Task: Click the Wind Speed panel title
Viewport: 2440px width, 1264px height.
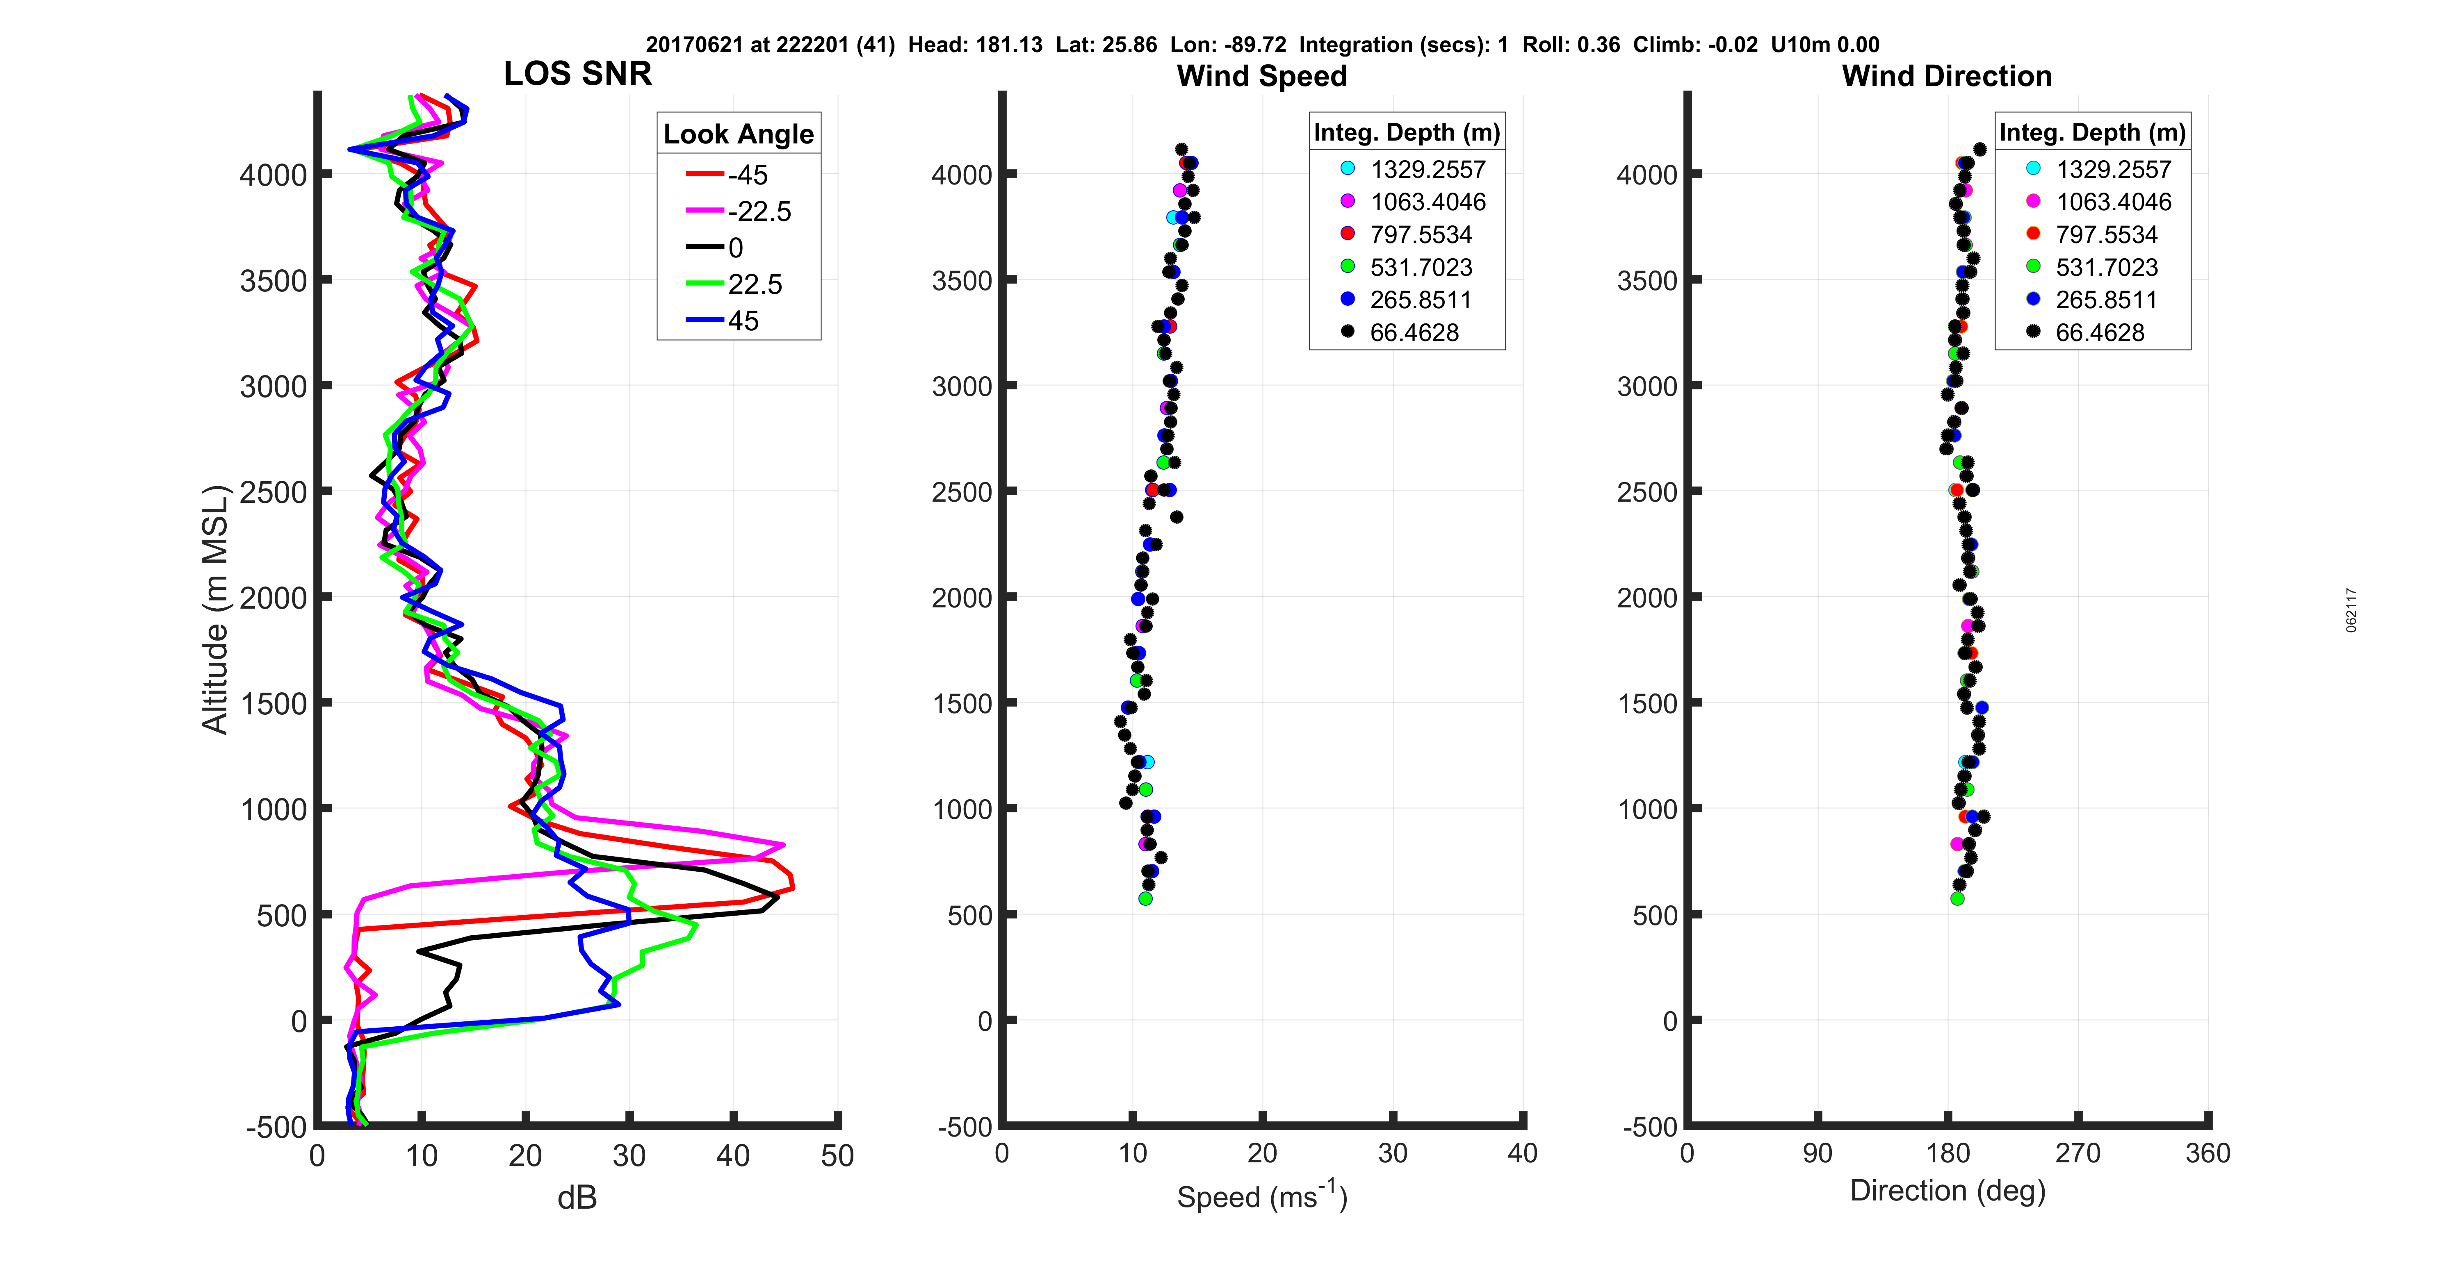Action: coord(1262,76)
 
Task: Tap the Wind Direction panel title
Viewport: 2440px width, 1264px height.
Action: coord(1947,76)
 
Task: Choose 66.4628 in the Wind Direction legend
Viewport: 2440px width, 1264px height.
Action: coord(2099,332)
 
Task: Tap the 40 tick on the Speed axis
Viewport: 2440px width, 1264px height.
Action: coord(1522,1153)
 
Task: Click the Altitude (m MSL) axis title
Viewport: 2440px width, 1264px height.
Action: coord(216,609)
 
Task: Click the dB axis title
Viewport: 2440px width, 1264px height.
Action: coord(577,1198)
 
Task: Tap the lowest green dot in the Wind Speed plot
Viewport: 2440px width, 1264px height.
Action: coord(1145,898)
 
